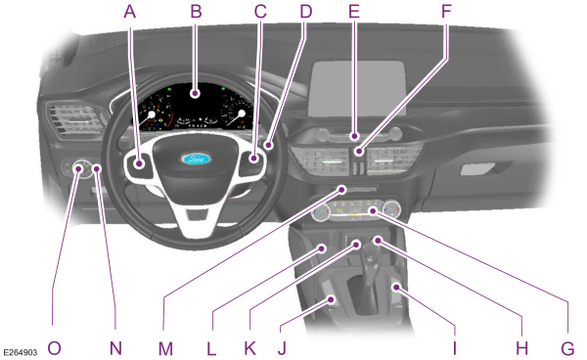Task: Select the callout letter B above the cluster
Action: coord(196,12)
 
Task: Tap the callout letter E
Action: coord(353,12)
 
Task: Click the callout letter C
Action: coord(259,12)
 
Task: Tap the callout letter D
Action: coord(305,12)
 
